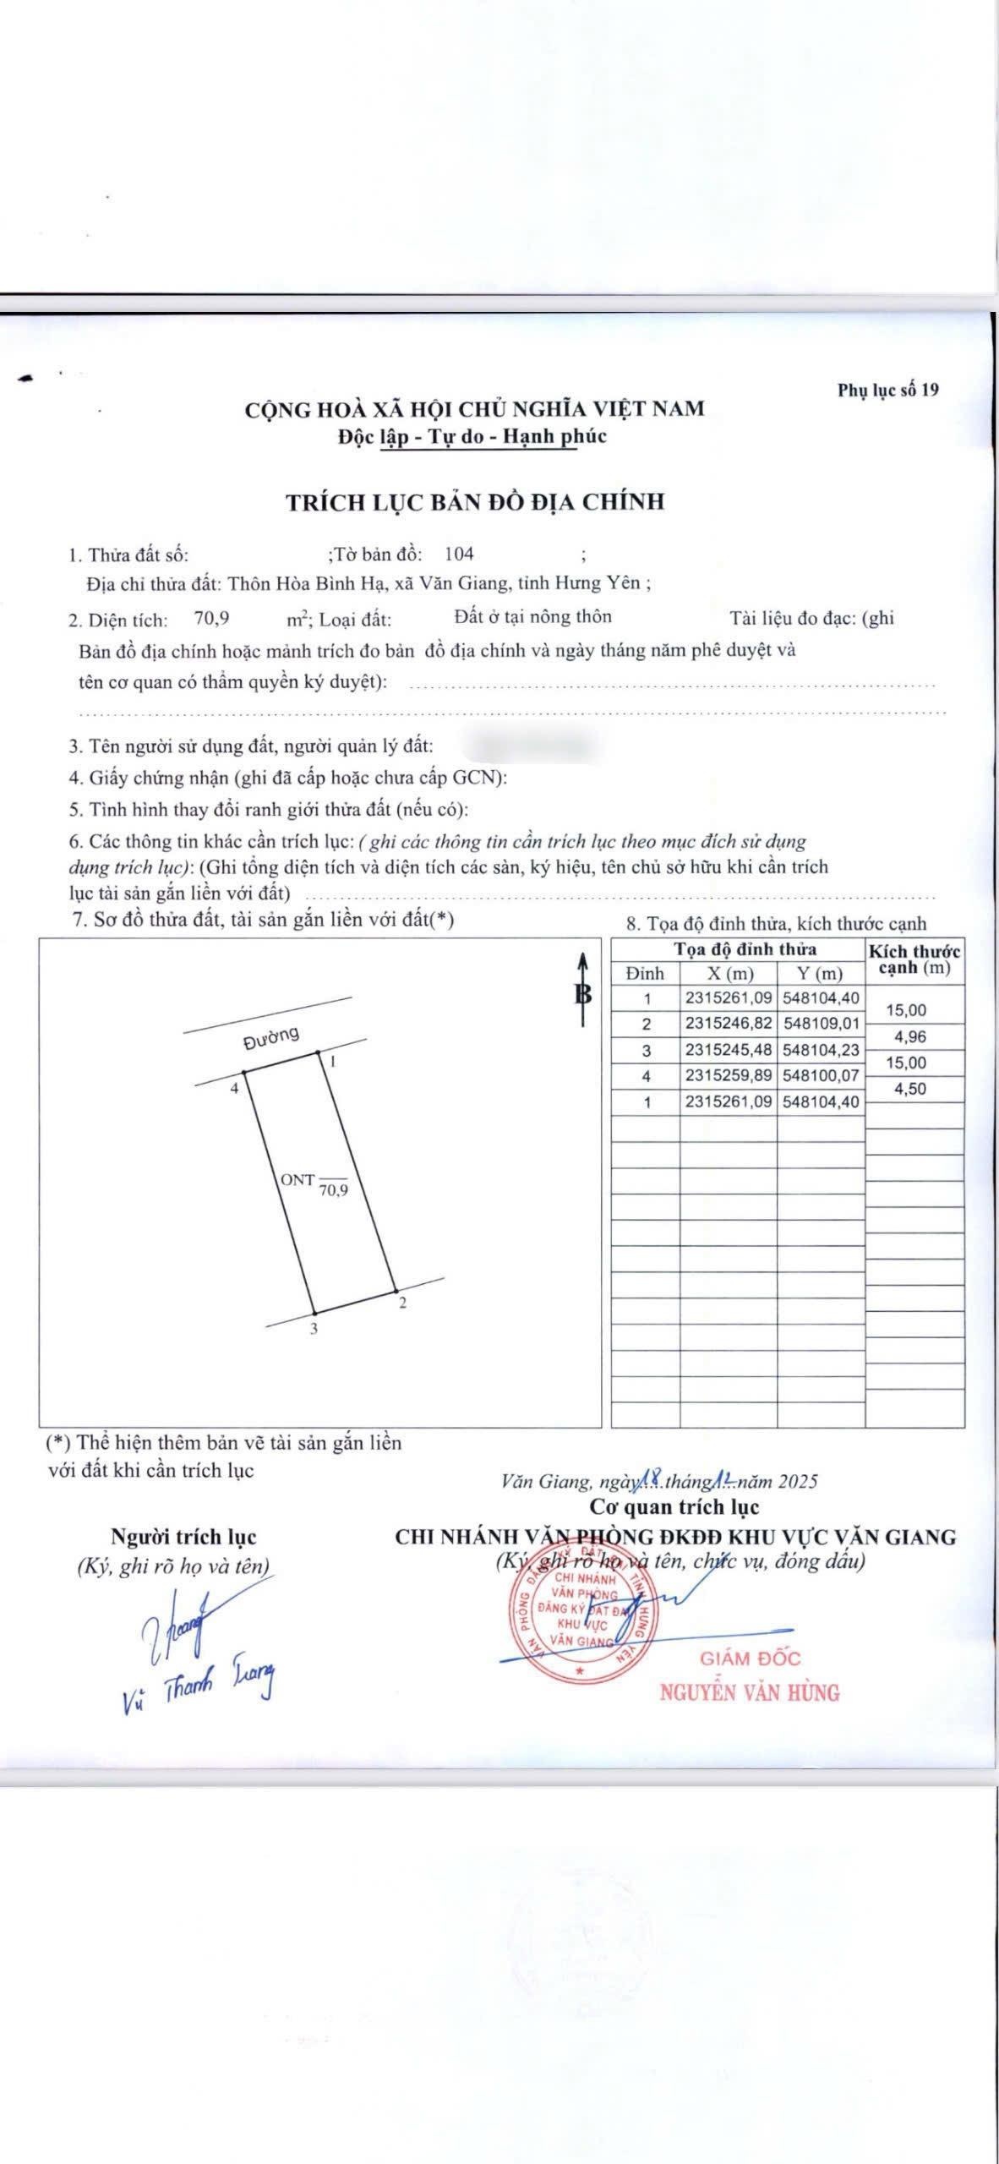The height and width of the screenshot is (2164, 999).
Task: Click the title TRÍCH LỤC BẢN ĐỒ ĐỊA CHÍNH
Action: [x=475, y=501]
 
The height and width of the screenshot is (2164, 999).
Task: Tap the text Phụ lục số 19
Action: [x=888, y=390]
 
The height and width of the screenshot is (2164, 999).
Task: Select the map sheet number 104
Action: [x=459, y=554]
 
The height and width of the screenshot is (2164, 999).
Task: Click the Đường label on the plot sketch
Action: [x=271, y=1038]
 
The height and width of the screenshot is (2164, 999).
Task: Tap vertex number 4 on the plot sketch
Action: [x=235, y=1088]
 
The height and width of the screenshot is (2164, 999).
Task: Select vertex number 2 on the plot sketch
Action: [x=402, y=1303]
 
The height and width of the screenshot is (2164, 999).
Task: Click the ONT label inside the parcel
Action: [x=298, y=1179]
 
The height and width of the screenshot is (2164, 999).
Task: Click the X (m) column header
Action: [x=729, y=974]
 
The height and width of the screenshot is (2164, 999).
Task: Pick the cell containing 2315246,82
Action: [x=729, y=1024]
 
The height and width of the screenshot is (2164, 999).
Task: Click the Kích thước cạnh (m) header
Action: [x=914, y=959]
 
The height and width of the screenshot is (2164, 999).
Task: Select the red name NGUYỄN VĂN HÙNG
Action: [x=750, y=1691]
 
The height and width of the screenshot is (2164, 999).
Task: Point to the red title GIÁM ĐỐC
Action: [x=750, y=1659]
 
